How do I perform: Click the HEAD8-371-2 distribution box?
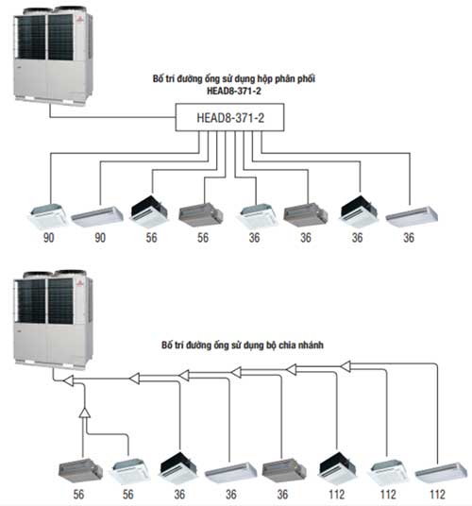pos(229,117)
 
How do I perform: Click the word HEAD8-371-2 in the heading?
pos(233,91)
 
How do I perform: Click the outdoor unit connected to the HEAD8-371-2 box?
pos(54,55)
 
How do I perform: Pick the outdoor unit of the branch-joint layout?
pos(54,319)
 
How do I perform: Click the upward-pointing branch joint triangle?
pos(85,413)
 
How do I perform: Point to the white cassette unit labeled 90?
pos(49,213)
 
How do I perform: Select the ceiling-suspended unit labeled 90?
pos(97,216)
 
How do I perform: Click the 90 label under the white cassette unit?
pos(48,238)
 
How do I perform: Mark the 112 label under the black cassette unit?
pos(336,495)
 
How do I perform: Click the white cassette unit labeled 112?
pos(387,471)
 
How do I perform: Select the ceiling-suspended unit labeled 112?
pos(441,473)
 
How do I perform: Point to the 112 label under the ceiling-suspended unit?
pos(437,495)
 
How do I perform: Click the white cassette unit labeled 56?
pos(129,471)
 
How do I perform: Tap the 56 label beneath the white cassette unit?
pos(127,495)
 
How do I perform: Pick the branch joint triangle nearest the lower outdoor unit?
pos(68,380)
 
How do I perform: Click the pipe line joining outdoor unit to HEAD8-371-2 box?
pos(112,117)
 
